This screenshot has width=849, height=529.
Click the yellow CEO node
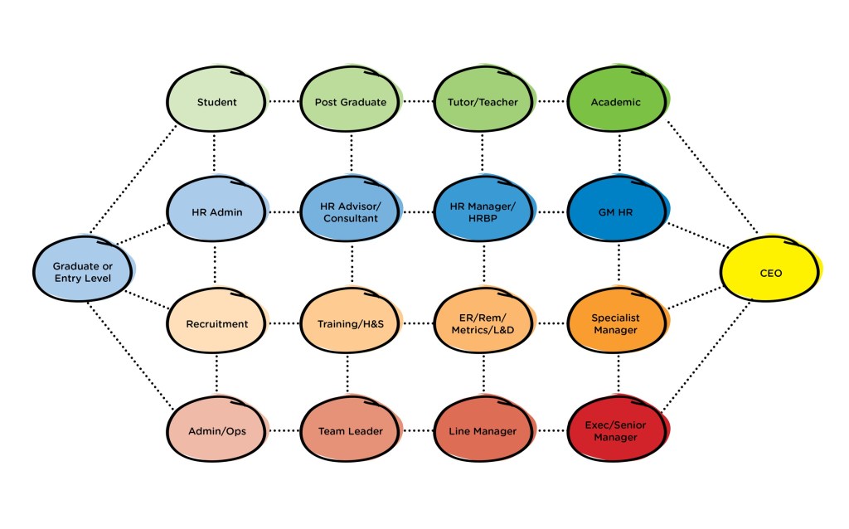tap(770, 272)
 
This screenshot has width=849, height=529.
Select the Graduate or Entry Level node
tap(82, 272)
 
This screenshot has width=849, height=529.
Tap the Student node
tap(216, 102)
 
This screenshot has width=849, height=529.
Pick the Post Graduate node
tap(351, 102)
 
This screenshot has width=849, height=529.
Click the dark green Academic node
tap(616, 102)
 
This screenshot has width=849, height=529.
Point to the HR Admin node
tap(216, 212)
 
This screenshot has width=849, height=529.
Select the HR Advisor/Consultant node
tap(351, 212)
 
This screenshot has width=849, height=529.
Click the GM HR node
tap(616, 212)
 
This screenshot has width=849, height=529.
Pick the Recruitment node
tap(216, 323)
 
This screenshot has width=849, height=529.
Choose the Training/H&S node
tap(351, 323)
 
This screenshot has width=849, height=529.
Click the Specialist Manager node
tap(616, 323)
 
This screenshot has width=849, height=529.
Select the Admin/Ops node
tap(216, 431)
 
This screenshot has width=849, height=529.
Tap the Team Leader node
tap(351, 431)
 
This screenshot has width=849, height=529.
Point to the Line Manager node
tap(483, 431)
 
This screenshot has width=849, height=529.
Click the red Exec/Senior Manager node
tap(616, 431)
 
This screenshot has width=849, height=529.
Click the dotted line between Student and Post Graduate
tap(284, 102)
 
